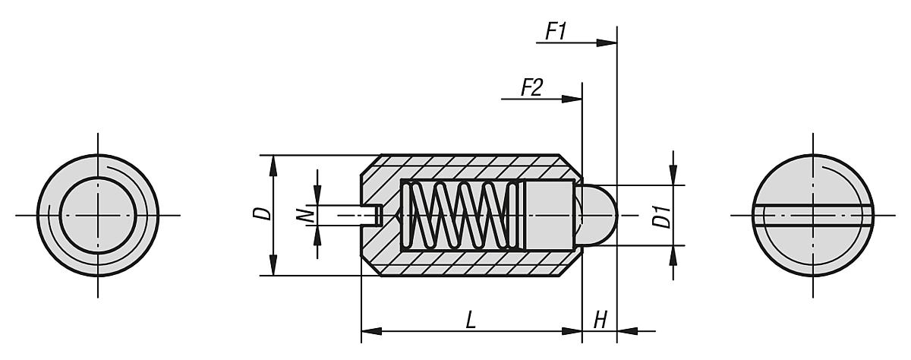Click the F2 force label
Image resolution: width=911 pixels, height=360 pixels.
coord(531,87)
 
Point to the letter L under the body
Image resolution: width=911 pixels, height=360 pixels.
coord(471,321)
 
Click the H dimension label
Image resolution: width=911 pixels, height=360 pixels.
coord(600,321)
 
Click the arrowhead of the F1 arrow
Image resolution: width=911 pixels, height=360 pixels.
coord(607,43)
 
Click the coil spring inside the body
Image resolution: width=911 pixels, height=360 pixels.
coord(455,215)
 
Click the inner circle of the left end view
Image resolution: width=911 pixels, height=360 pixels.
coord(97,215)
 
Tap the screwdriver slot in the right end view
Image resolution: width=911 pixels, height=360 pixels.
coord(813,215)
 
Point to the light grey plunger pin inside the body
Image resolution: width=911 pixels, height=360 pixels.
coord(547,215)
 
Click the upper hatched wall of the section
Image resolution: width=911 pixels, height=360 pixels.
coord(471,167)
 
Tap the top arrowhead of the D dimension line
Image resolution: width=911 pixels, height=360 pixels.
coord(272,162)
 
